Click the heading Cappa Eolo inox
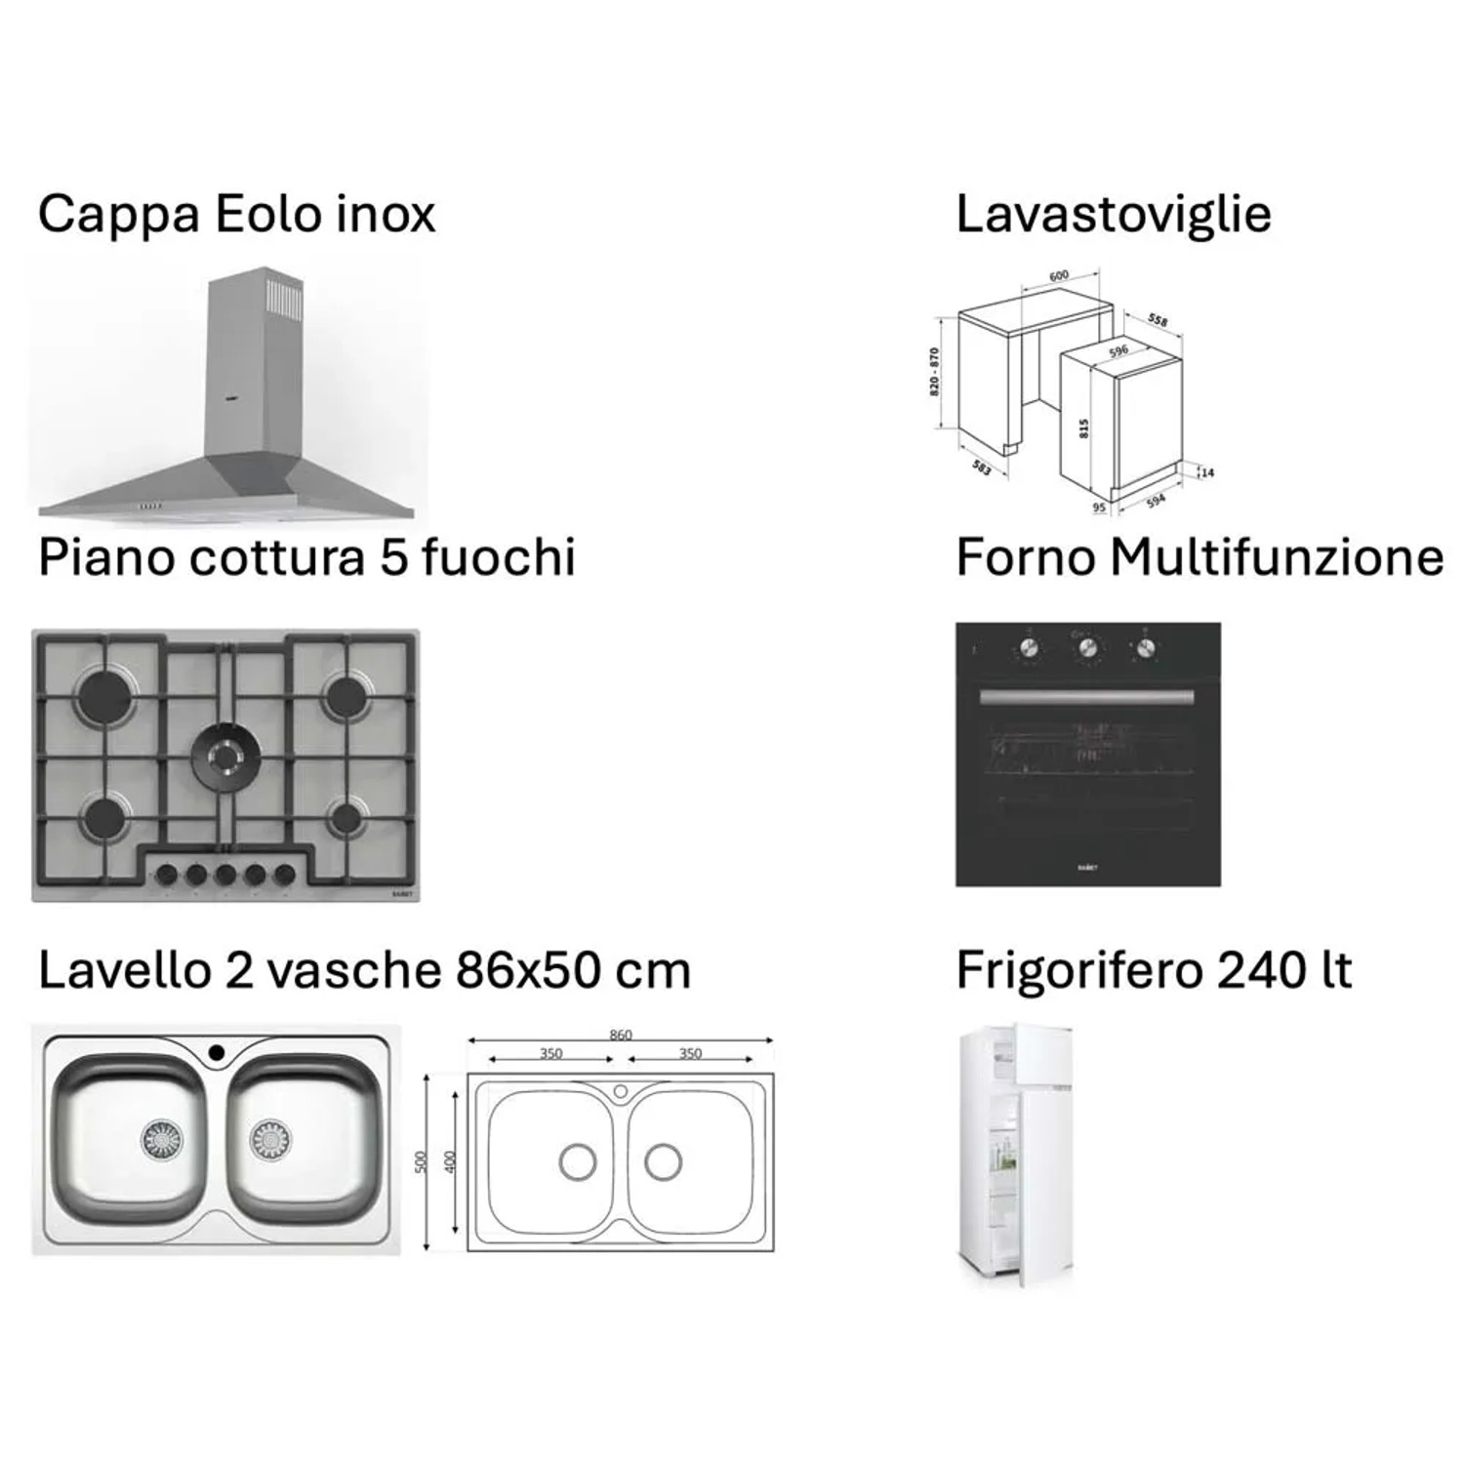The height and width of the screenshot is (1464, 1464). click(236, 215)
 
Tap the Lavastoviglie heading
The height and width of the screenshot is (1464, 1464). click(1113, 215)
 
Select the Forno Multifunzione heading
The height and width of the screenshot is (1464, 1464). click(1199, 558)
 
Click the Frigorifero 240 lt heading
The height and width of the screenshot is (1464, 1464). click(1154, 970)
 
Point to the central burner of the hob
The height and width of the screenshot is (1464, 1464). click(225, 754)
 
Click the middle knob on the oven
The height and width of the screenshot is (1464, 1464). click(1086, 646)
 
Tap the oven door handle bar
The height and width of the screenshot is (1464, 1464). click(1085, 697)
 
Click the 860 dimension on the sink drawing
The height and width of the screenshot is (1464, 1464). click(620, 1035)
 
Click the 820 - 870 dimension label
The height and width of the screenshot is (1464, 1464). click(934, 371)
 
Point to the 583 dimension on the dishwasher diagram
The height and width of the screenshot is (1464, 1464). click(982, 468)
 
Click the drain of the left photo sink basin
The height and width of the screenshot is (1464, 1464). click(161, 1138)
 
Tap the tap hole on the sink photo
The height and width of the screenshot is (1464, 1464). click(216, 1052)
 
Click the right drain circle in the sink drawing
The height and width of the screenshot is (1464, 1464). click(663, 1161)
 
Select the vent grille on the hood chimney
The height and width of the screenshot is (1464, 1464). click(286, 299)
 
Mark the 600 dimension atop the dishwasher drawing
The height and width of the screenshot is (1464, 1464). click(1059, 276)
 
